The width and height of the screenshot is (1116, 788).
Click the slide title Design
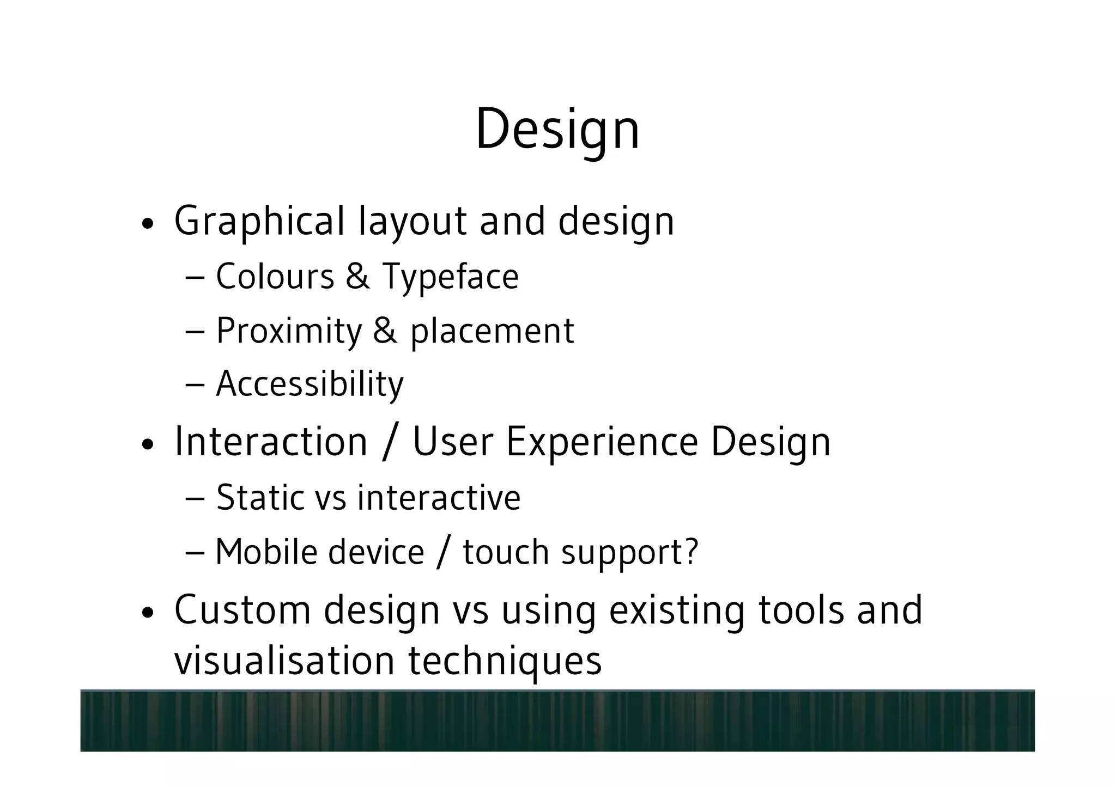pos(557,130)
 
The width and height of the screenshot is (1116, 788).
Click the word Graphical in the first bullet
pos(259,221)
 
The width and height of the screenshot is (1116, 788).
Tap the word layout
pos(412,221)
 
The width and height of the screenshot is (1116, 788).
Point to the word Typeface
pos(450,277)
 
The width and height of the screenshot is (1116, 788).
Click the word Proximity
pos(289,331)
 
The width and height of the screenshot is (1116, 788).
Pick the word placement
pos(492,331)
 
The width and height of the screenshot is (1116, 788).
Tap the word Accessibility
pos(310,384)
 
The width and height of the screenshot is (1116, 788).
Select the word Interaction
pos(271,441)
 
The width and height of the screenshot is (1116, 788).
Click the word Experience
pos(602,442)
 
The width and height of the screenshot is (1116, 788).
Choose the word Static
pos(259,497)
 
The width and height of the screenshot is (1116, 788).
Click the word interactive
pos(439,497)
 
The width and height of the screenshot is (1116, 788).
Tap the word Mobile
pos(265,552)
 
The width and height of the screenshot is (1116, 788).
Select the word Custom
pos(242,610)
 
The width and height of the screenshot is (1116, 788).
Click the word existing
pos(676,610)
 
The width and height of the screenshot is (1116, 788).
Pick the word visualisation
pos(284,660)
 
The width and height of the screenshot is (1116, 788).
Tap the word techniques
pos(505,661)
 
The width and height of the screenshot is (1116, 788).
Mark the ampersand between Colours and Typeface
pos(357,276)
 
